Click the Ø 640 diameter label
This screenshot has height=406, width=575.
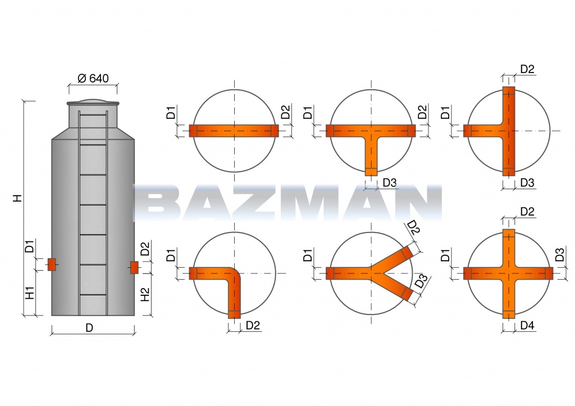pyautogui.click(x=93, y=78)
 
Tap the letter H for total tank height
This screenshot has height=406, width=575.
pyautogui.click(x=17, y=198)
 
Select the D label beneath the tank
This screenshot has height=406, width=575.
pyautogui.click(x=89, y=327)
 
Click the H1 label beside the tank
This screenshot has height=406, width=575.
pyautogui.click(x=30, y=293)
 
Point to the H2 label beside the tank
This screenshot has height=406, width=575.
pyautogui.click(x=145, y=294)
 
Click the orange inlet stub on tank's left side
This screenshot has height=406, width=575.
pyautogui.click(x=51, y=264)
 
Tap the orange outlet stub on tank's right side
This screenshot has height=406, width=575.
pyautogui.click(x=134, y=267)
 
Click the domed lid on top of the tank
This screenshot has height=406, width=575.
pyautogui.click(x=93, y=102)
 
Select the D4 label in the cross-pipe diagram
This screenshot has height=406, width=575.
pyautogui.click(x=527, y=325)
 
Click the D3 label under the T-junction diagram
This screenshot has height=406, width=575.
pyautogui.click(x=390, y=183)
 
